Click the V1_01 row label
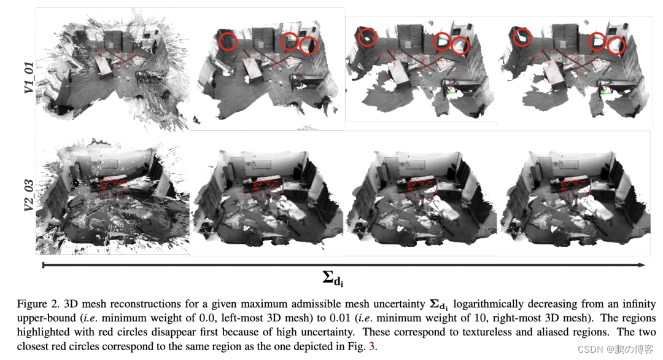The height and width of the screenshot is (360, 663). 29,77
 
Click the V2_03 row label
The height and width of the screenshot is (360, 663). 29,195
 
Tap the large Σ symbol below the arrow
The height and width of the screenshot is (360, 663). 328,277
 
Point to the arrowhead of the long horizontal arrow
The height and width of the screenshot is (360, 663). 642,265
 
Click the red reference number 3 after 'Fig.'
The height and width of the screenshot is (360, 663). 371,346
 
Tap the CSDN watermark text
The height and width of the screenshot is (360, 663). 615,350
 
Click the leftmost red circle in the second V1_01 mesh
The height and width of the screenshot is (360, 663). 228,41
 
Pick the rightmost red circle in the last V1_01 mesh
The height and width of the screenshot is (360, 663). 616,45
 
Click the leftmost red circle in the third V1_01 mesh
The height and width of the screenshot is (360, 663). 367,37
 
